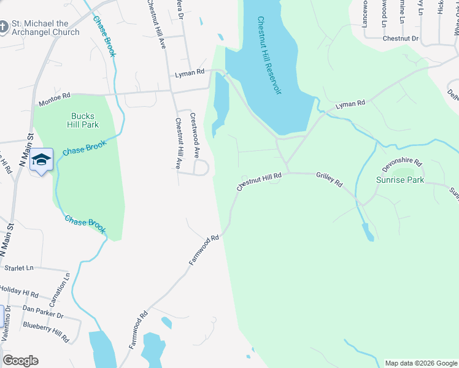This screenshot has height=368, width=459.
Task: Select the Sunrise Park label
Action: tap(400, 180)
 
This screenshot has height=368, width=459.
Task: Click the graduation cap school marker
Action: tap(41, 159)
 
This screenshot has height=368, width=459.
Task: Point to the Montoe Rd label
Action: tap(54, 96)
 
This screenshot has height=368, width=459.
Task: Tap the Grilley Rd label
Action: tap(330, 180)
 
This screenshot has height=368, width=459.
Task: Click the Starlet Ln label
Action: tap(18, 268)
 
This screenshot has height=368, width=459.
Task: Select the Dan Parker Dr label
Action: tap(43, 312)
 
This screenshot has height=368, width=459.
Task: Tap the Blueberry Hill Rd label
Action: tap(46, 331)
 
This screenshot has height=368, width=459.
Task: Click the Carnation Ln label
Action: tap(59, 290)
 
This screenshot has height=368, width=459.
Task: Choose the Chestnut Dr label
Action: tap(400, 38)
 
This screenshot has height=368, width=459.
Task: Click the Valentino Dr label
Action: tap(7, 329)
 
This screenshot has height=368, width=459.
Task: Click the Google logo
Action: tap(20, 361)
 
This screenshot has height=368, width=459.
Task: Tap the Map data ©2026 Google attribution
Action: tap(421, 363)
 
